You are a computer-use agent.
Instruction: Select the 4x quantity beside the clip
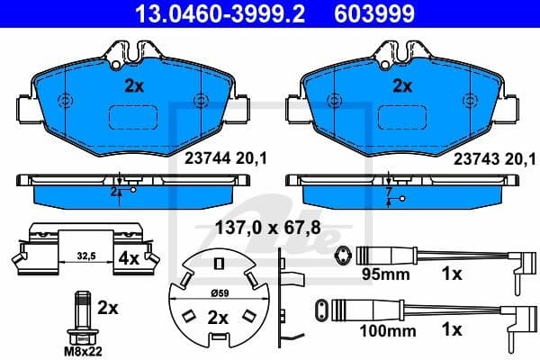(x=129, y=257)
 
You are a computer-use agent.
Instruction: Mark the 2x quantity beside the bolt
(x=107, y=308)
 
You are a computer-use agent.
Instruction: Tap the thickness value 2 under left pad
(x=114, y=192)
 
